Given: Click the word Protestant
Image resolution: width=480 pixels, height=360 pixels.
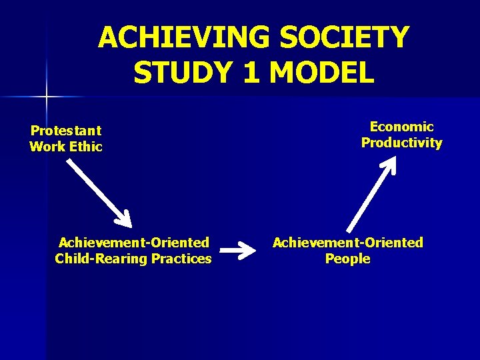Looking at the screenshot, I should click(x=65, y=131).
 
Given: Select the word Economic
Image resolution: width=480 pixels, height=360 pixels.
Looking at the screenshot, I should click(x=401, y=127).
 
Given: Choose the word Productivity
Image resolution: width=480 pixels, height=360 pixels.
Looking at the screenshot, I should click(x=401, y=143).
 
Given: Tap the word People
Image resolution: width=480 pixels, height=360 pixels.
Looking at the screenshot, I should click(x=347, y=259).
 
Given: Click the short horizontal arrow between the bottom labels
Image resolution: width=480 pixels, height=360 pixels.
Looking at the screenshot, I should click(x=237, y=251).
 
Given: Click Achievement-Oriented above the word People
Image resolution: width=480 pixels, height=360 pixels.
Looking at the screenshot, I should click(x=347, y=243).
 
